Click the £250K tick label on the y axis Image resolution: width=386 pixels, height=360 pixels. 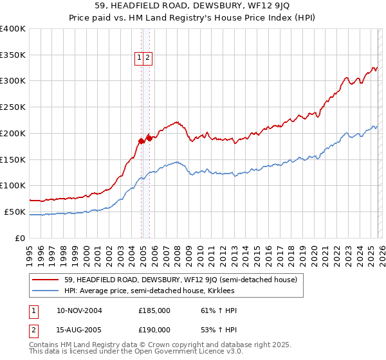(13, 107)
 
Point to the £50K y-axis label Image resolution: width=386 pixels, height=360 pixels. (15, 212)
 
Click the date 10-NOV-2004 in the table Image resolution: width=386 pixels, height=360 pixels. (79, 310)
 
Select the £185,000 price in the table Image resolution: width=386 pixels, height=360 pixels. (154, 310)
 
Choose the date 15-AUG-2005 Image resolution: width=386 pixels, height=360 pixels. (79, 329)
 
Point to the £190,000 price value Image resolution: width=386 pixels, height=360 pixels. (154, 329)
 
